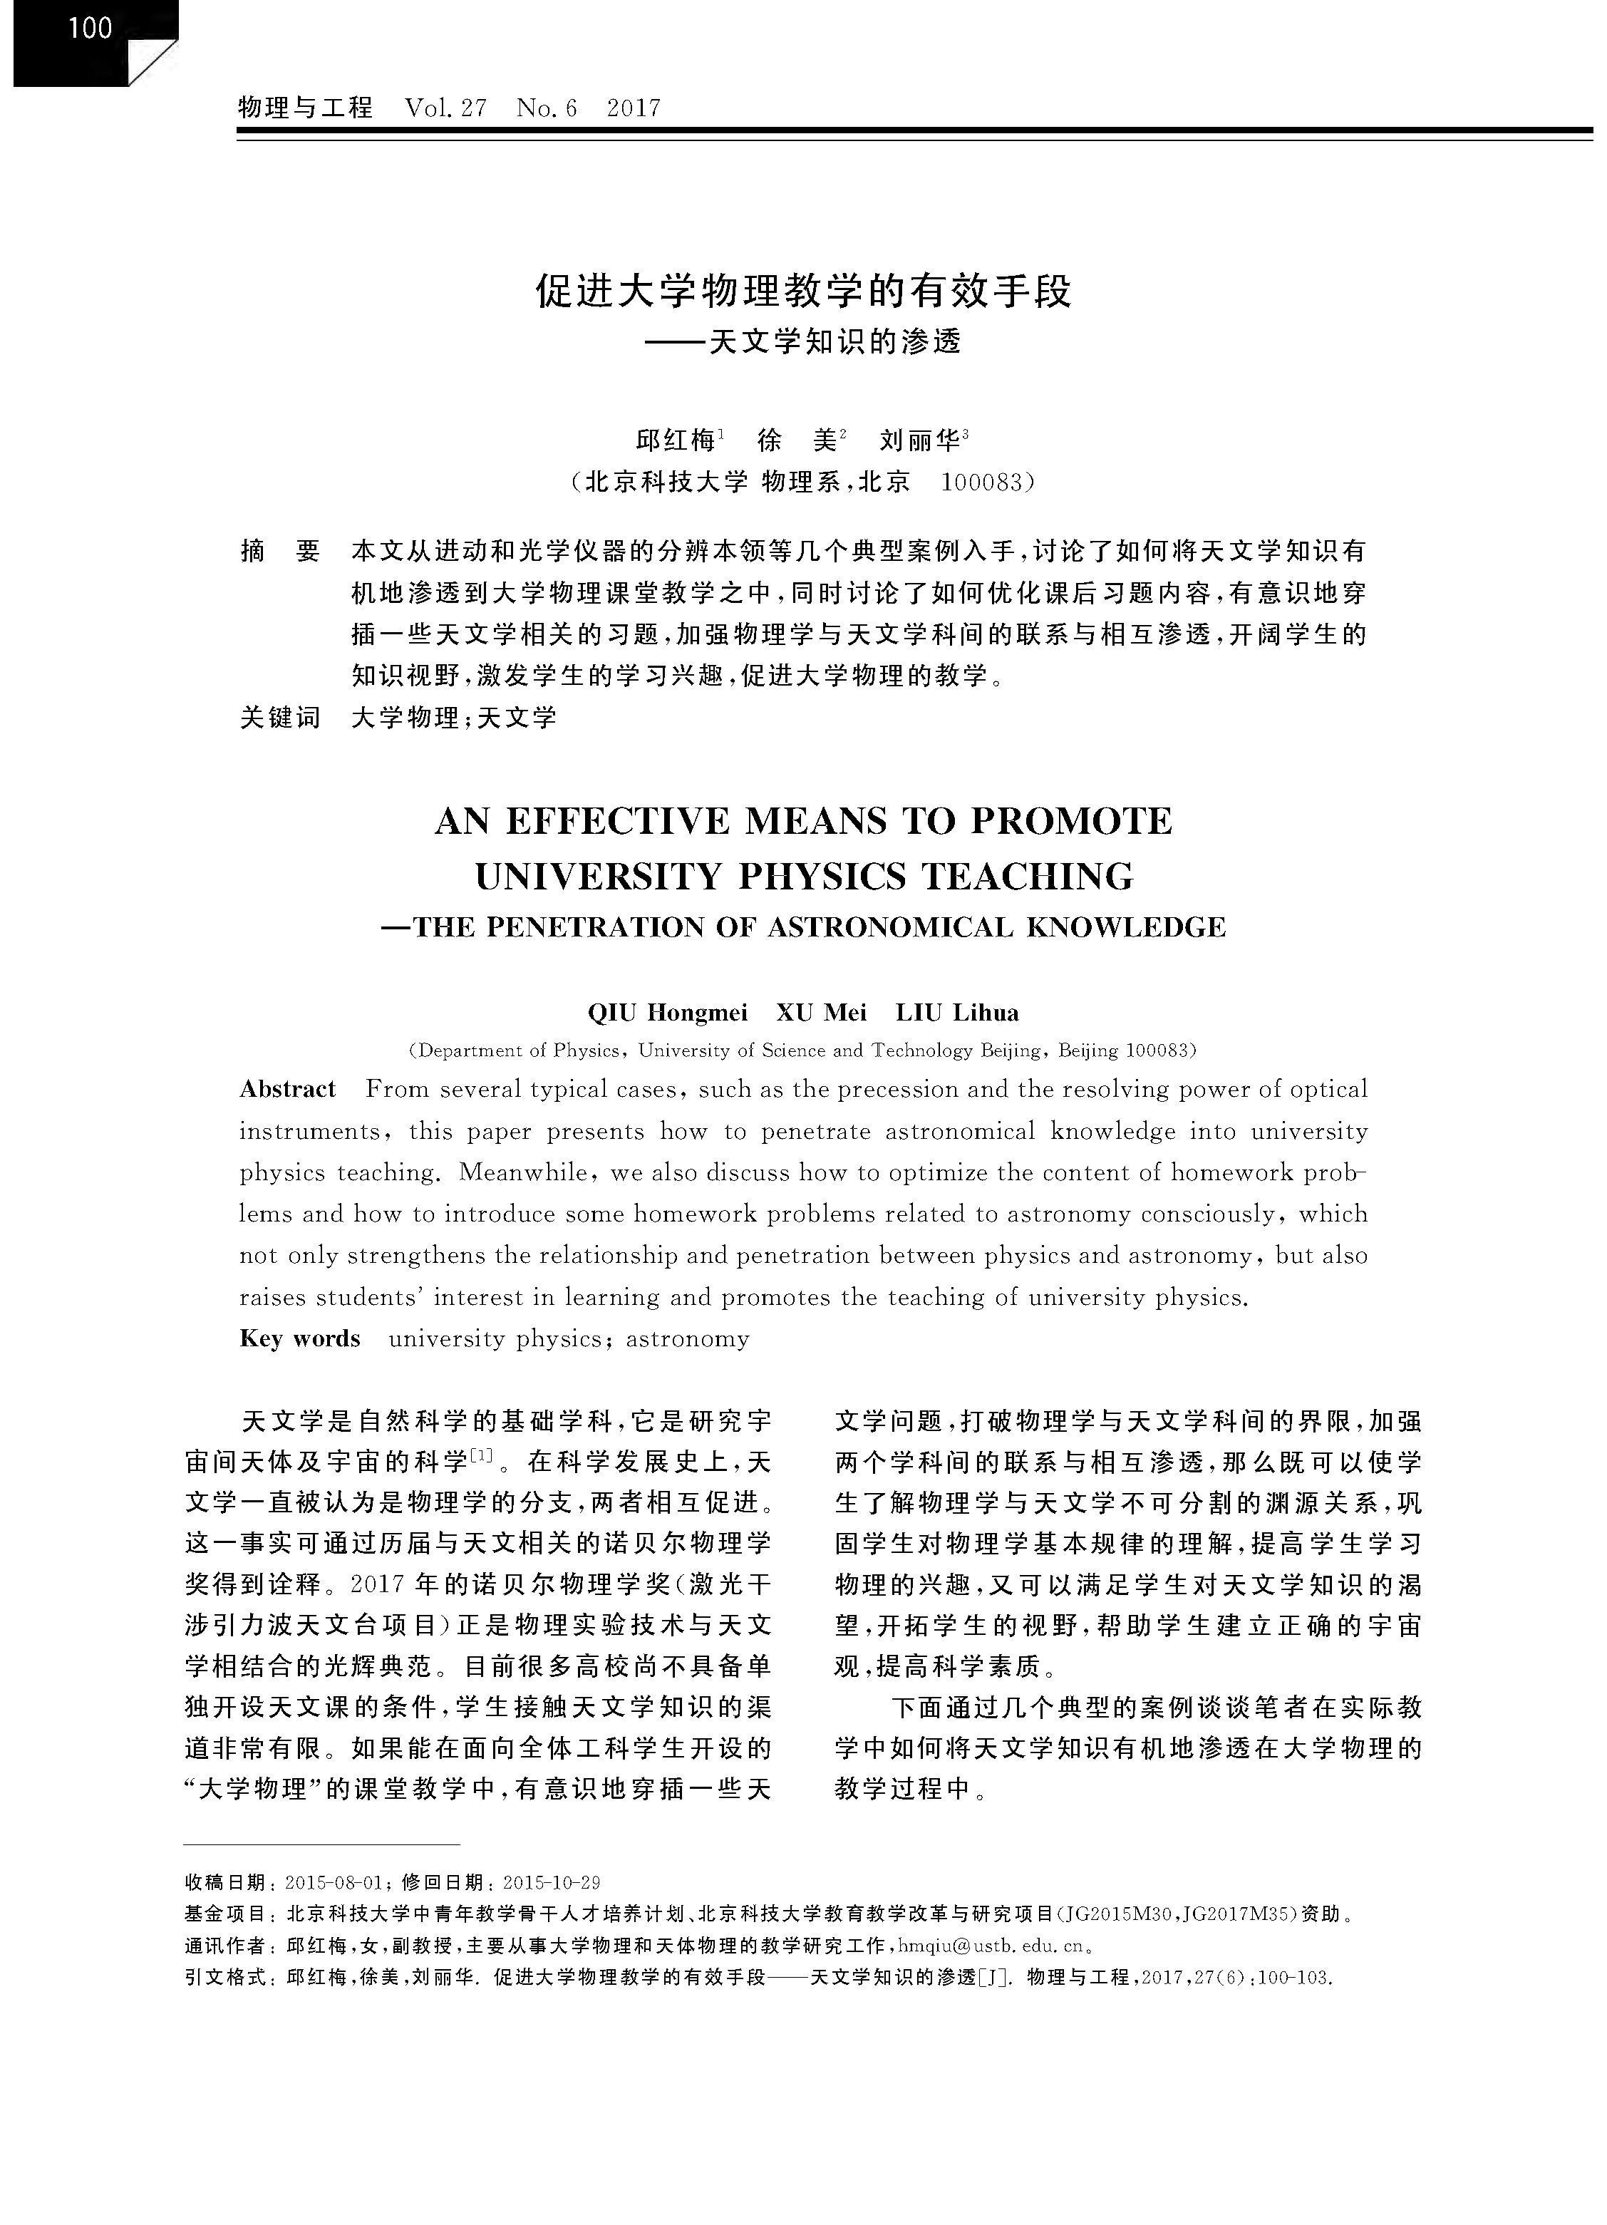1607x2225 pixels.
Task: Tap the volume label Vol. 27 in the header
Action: pyautogui.click(x=445, y=107)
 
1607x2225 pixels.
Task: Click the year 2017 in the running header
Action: pyautogui.click(x=634, y=107)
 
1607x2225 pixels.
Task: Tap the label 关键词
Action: pyautogui.click(x=281, y=717)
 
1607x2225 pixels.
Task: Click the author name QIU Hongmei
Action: pyautogui.click(x=666, y=1013)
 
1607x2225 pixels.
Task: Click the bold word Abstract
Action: pyautogui.click(x=287, y=1089)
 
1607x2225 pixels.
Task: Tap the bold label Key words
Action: pyautogui.click(x=299, y=1339)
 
